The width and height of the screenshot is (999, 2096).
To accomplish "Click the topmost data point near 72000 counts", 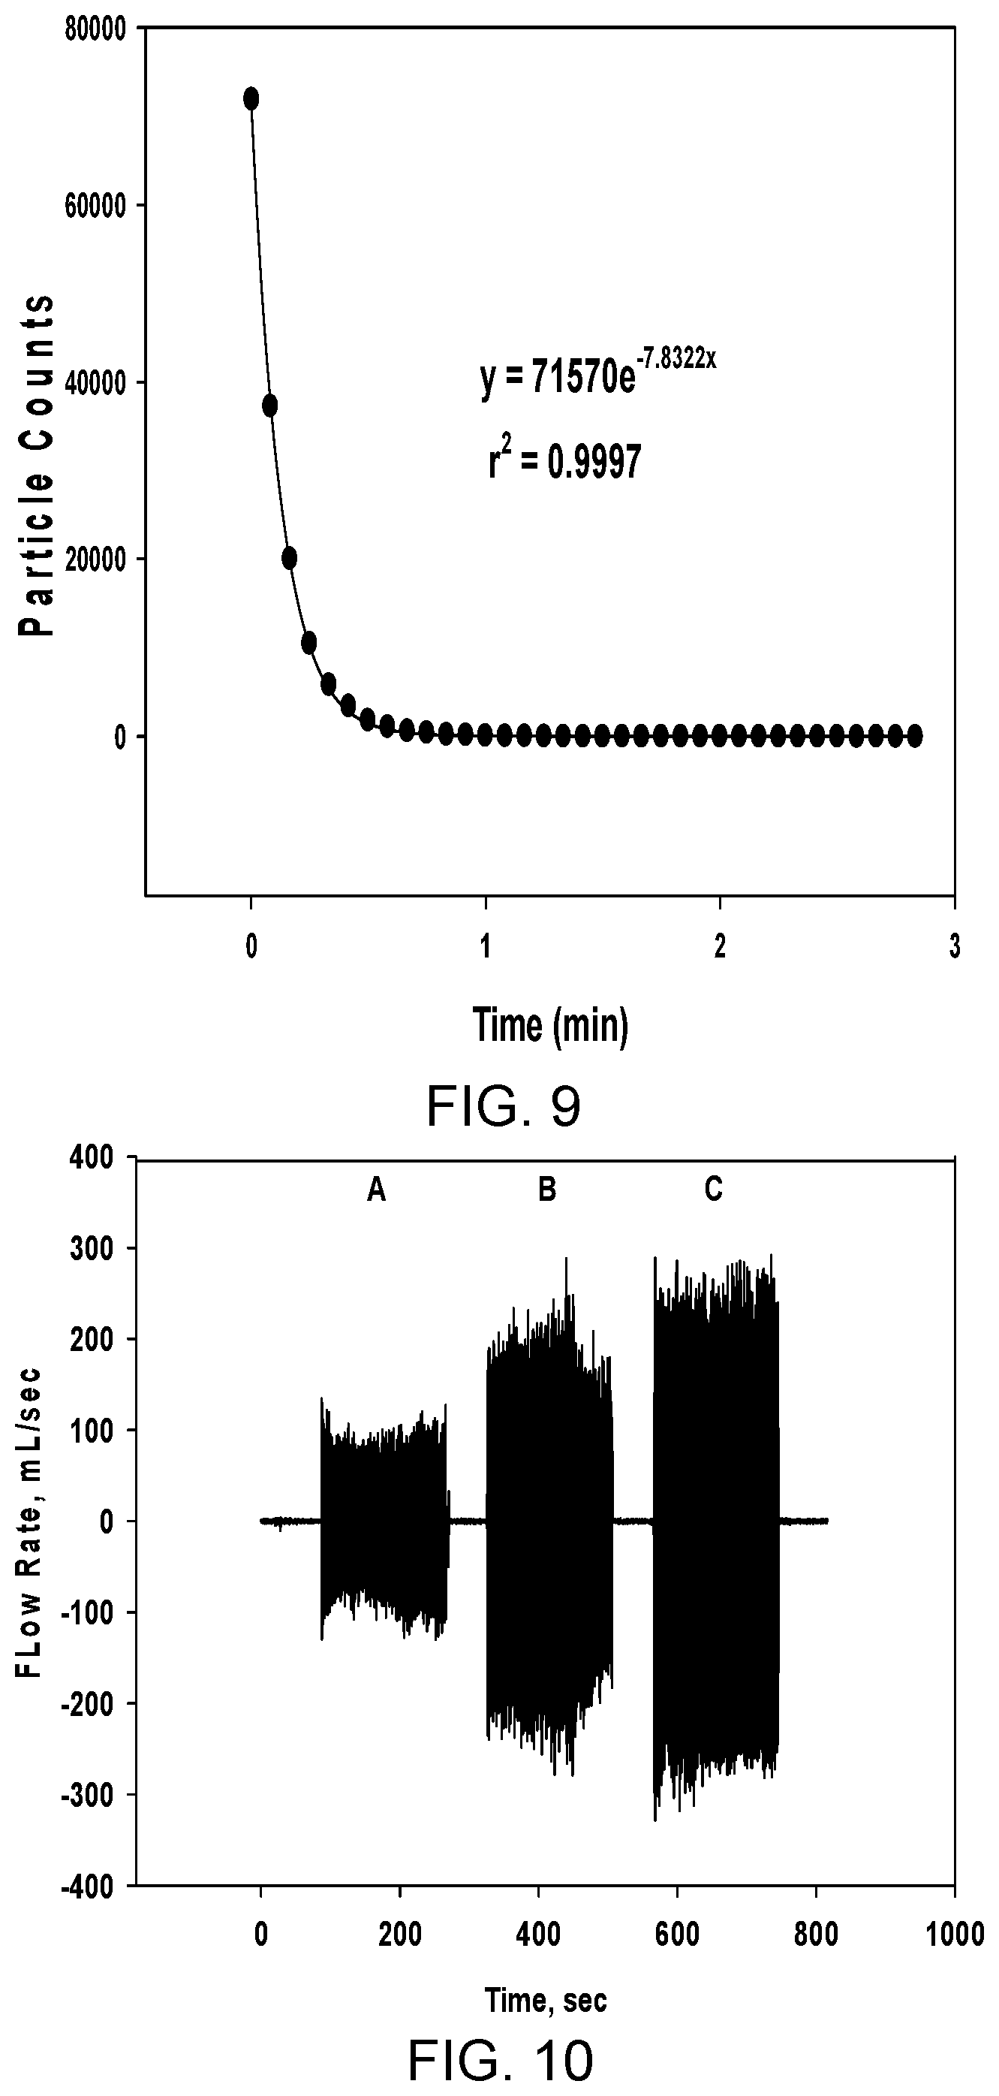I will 251,98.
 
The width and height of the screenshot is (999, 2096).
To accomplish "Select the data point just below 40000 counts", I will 270,406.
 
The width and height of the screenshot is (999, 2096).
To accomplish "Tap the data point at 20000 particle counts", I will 289,558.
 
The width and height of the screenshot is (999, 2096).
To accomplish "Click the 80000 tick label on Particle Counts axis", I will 95,29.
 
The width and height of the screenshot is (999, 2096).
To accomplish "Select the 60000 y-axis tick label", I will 95,206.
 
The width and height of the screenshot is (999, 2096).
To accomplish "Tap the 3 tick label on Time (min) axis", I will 954,946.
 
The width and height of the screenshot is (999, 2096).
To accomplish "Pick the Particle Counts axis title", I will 38,465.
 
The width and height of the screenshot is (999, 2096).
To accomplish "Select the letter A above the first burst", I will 376,1190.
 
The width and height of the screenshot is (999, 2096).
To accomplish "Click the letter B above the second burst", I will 547,1190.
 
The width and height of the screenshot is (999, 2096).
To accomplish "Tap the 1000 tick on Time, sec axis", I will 954,1934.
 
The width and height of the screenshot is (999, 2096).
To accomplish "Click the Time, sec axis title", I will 546,1999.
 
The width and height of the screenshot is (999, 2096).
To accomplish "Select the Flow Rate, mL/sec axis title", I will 30,1522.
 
